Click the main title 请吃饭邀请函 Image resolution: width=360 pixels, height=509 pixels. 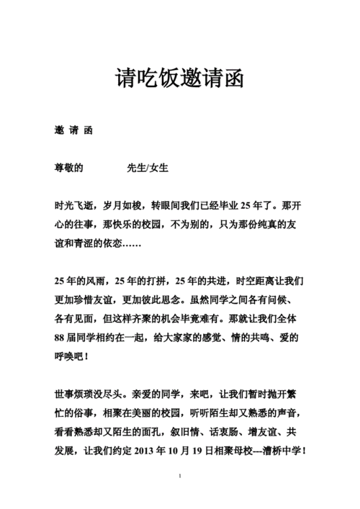click(179, 78)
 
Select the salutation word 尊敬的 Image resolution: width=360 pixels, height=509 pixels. click(69, 167)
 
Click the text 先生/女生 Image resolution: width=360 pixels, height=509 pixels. click(148, 167)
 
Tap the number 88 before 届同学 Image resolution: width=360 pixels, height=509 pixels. click(60, 336)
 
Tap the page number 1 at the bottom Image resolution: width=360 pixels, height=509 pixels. click(179, 477)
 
